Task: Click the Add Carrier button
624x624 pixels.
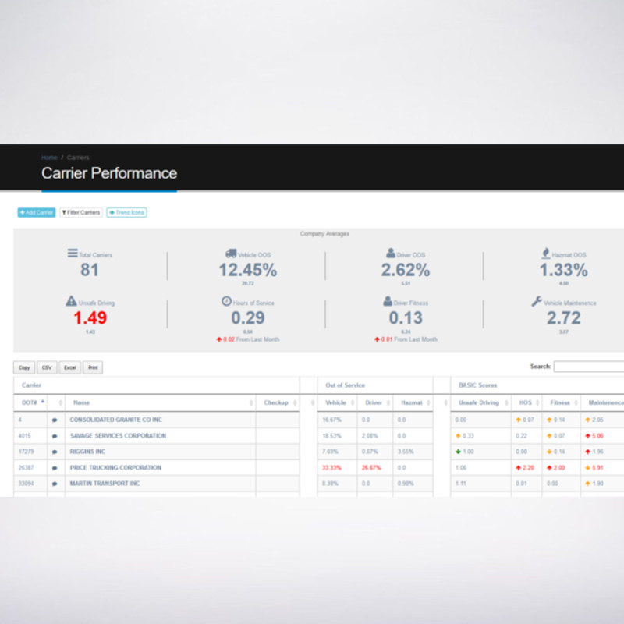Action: click(37, 212)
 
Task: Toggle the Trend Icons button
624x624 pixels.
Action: click(126, 212)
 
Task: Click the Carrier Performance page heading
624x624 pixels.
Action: click(109, 173)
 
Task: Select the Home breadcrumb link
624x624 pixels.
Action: click(49, 158)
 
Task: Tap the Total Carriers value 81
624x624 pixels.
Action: click(90, 271)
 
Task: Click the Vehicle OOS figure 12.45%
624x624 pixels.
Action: click(247, 271)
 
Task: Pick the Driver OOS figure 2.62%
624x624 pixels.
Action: click(405, 271)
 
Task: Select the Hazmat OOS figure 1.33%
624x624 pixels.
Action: click(563, 271)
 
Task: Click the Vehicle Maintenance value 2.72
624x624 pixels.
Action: click(563, 317)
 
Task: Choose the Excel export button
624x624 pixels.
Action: click(70, 367)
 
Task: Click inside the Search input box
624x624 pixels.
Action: click(589, 367)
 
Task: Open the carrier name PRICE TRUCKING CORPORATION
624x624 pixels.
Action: click(115, 468)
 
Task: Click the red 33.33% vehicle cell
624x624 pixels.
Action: click(332, 468)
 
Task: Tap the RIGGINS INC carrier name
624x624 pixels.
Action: click(87, 452)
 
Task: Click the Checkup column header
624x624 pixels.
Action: click(276, 402)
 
